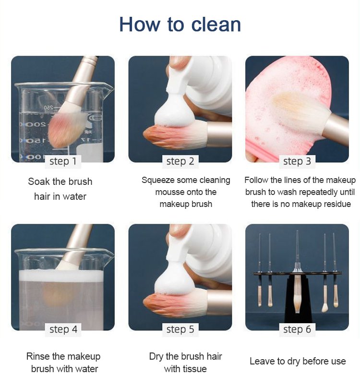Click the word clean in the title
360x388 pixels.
[x=216, y=24]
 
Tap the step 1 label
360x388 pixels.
[x=63, y=161]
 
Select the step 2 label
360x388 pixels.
[x=180, y=161]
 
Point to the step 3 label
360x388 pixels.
[x=297, y=161]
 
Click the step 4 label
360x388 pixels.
[x=63, y=329]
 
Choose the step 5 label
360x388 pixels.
[x=180, y=329]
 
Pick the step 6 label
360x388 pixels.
[x=297, y=329]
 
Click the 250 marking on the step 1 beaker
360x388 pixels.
[x=48, y=108]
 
